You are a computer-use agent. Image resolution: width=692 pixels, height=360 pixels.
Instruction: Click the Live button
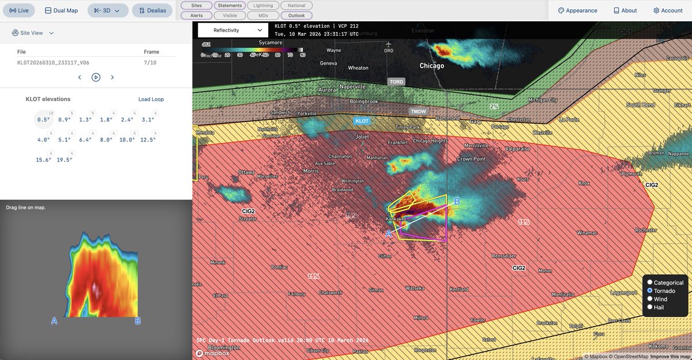coord(19,10)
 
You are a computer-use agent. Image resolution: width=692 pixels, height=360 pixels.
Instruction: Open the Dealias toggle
coord(152,10)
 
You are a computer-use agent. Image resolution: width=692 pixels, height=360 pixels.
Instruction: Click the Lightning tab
coord(264,5)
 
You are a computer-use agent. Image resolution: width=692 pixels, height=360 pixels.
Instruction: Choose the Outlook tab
coord(296,16)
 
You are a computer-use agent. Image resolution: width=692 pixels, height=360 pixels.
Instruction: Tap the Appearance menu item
coord(577,10)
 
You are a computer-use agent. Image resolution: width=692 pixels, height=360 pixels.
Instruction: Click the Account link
coord(668,10)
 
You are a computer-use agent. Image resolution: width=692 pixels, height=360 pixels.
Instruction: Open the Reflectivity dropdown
coord(233,30)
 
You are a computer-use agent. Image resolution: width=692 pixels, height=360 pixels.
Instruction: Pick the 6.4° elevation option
coord(85,140)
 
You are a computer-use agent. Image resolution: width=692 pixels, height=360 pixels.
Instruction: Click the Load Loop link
coord(151,99)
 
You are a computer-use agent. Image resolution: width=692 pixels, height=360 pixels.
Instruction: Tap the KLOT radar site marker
coord(362,121)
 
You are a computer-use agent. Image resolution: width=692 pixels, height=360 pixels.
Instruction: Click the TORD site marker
coord(396,82)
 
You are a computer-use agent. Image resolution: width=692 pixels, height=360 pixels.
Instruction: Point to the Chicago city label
coord(431,66)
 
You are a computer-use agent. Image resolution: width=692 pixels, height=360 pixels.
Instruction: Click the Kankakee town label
coord(397,220)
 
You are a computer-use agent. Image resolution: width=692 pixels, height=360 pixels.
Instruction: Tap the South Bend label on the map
coord(641,105)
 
